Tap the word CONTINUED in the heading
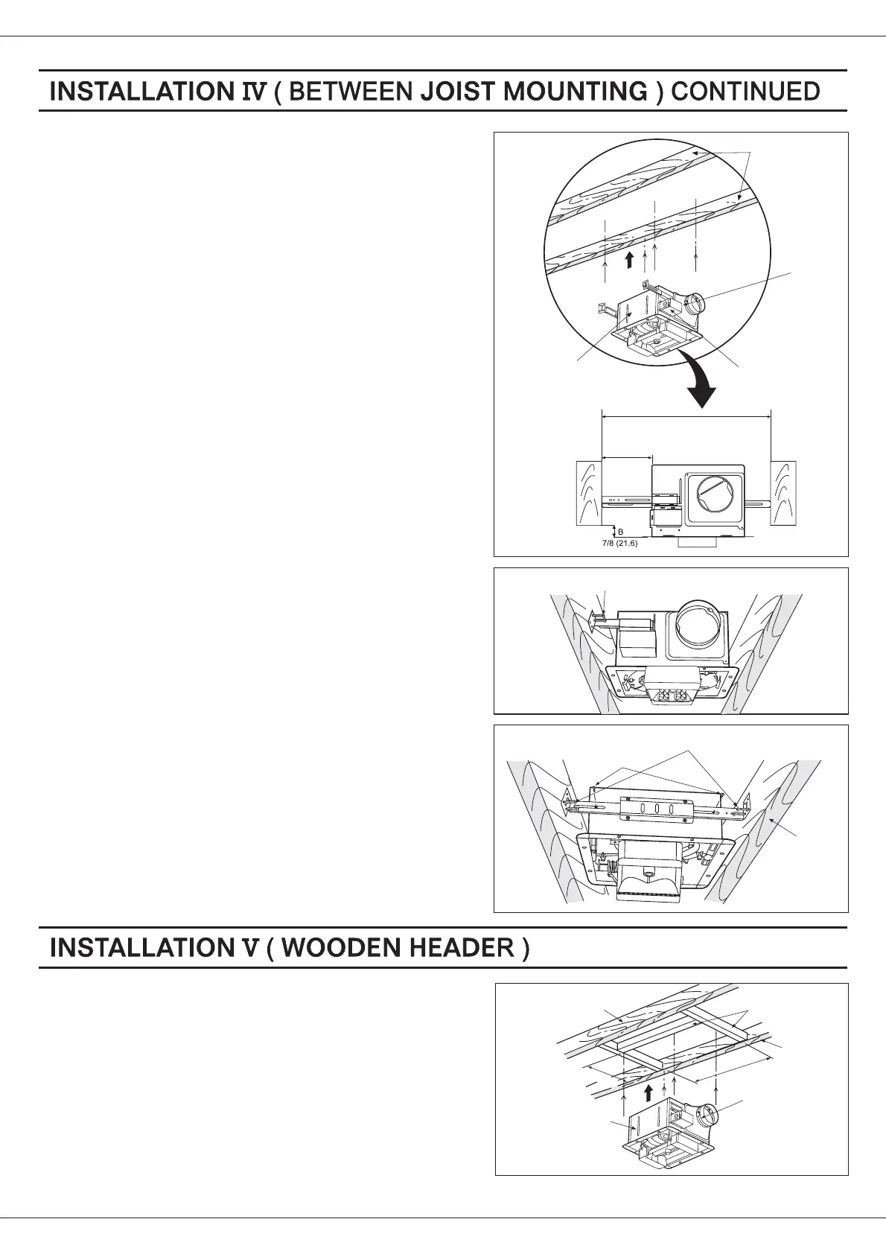[x=745, y=92]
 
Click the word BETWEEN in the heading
[x=350, y=92]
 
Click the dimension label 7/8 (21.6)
[x=619, y=544]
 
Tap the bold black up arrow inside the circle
[x=630, y=260]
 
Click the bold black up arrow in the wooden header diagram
[x=648, y=1092]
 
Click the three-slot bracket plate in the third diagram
[x=657, y=810]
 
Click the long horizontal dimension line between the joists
[x=686, y=418]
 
